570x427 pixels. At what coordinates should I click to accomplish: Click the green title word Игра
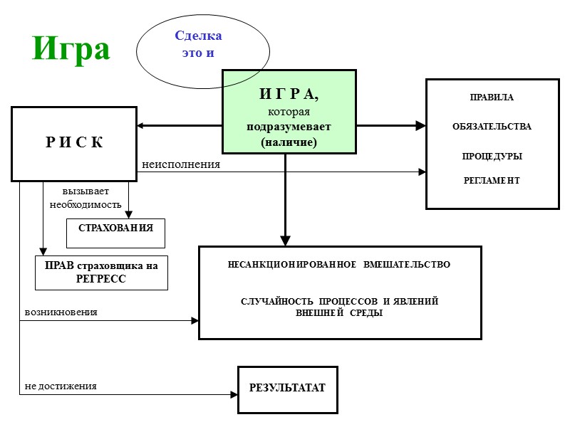[71, 49]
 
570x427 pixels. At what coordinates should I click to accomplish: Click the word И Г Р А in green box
[289, 94]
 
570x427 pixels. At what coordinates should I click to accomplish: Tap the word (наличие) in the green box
[289, 142]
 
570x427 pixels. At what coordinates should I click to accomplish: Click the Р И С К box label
[74, 142]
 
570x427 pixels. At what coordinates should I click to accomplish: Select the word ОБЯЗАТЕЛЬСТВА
[492, 127]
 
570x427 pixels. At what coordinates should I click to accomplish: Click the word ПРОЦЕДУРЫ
[492, 156]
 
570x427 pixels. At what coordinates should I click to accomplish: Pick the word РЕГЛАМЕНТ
[492, 181]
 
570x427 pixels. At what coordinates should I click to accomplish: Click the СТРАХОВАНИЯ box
[115, 228]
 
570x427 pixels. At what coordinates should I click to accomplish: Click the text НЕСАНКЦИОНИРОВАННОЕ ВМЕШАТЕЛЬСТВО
[339, 265]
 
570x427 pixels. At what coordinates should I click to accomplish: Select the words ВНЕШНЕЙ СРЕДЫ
[339, 313]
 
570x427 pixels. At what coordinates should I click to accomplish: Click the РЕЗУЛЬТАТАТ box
[287, 389]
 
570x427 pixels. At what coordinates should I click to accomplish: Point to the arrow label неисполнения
[181, 164]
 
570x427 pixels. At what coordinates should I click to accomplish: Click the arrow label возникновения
[61, 312]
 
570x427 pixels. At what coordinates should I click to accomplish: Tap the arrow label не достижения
[61, 386]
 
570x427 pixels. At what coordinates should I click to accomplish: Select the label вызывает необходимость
[85, 198]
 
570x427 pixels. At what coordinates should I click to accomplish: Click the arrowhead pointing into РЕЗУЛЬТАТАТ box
[233, 394]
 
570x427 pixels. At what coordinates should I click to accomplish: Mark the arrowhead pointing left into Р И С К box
[141, 126]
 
